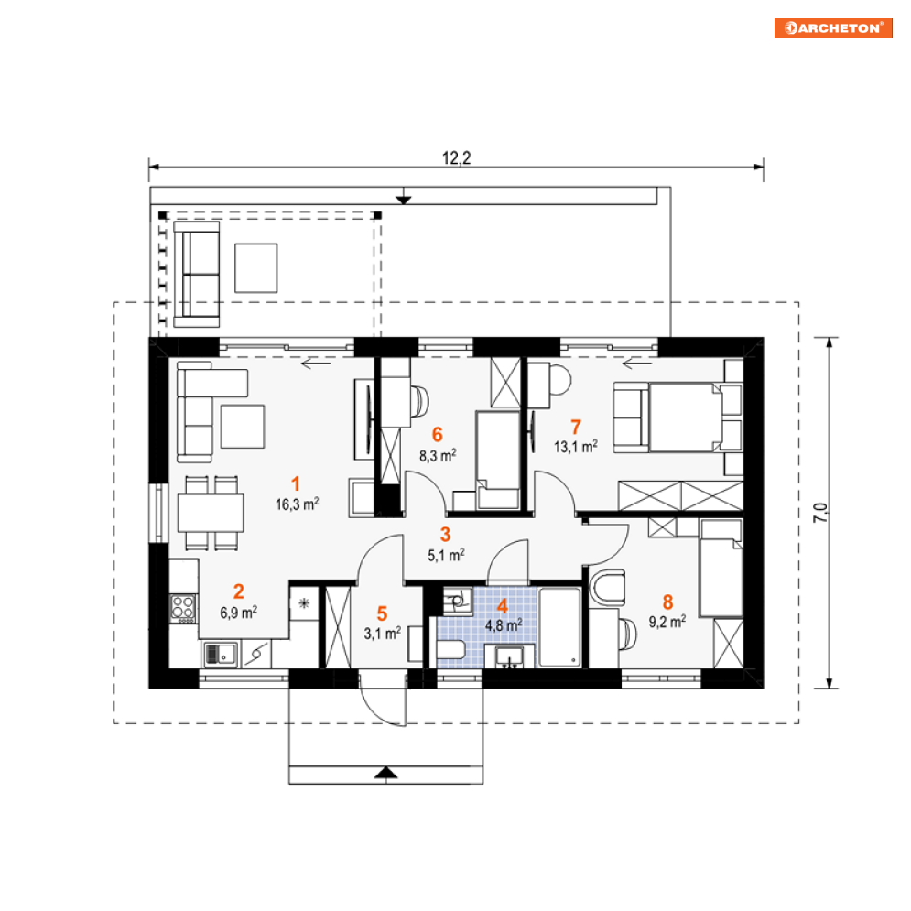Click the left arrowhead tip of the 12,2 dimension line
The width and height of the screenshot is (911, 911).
tap(149, 168)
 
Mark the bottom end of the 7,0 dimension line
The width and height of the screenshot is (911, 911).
tap(830, 689)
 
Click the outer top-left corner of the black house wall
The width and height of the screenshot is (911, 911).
tap(149, 337)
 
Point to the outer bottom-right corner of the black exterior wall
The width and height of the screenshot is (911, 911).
tap(764, 689)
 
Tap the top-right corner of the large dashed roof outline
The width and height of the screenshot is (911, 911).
tap(799, 302)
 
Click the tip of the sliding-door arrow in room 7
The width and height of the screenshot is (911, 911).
tap(623, 364)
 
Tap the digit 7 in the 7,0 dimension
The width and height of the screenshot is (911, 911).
tap(820, 517)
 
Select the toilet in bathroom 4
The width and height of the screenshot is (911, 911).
tap(450, 649)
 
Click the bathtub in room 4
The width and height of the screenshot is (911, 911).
tap(559, 627)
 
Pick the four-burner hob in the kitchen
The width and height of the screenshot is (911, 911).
tap(182, 608)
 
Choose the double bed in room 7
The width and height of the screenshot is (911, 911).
tap(686, 418)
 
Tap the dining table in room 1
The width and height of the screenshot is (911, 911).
tap(211, 513)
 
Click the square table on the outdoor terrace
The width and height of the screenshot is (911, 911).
tap(255, 268)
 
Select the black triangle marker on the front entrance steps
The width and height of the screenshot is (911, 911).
tap(385, 772)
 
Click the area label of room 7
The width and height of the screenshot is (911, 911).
tap(576, 447)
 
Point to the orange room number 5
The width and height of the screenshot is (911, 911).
tap(382, 613)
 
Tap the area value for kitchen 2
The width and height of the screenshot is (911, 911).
tap(238, 613)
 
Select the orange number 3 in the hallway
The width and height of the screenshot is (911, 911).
tap(445, 535)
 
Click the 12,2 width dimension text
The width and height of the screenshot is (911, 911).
tap(457, 157)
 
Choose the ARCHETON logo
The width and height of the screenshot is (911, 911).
tap(833, 27)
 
